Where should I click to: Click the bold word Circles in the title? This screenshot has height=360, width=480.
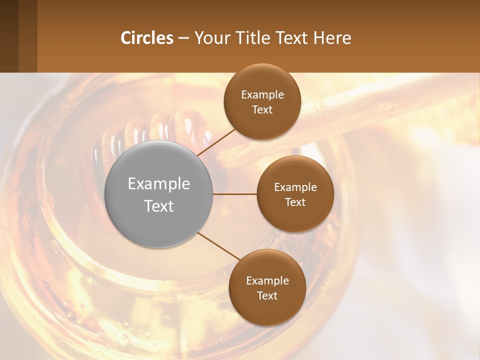[147, 38]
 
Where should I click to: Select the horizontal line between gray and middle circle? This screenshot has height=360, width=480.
[234, 194]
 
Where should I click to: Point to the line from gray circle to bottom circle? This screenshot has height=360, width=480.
[218, 246]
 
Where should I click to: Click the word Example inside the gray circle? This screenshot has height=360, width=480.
[159, 184]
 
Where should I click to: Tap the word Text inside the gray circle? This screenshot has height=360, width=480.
[159, 206]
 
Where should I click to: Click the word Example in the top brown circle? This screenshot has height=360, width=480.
[262, 95]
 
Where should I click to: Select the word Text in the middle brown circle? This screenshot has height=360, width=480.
[295, 202]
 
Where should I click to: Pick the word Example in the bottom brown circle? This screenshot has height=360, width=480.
[267, 281]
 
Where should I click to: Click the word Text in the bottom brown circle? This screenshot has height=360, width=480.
[267, 295]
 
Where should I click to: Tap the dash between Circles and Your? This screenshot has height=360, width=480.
[183, 38]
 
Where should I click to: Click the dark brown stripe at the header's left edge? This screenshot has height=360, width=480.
[9, 36]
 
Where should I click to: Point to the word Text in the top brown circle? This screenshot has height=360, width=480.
[262, 109]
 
